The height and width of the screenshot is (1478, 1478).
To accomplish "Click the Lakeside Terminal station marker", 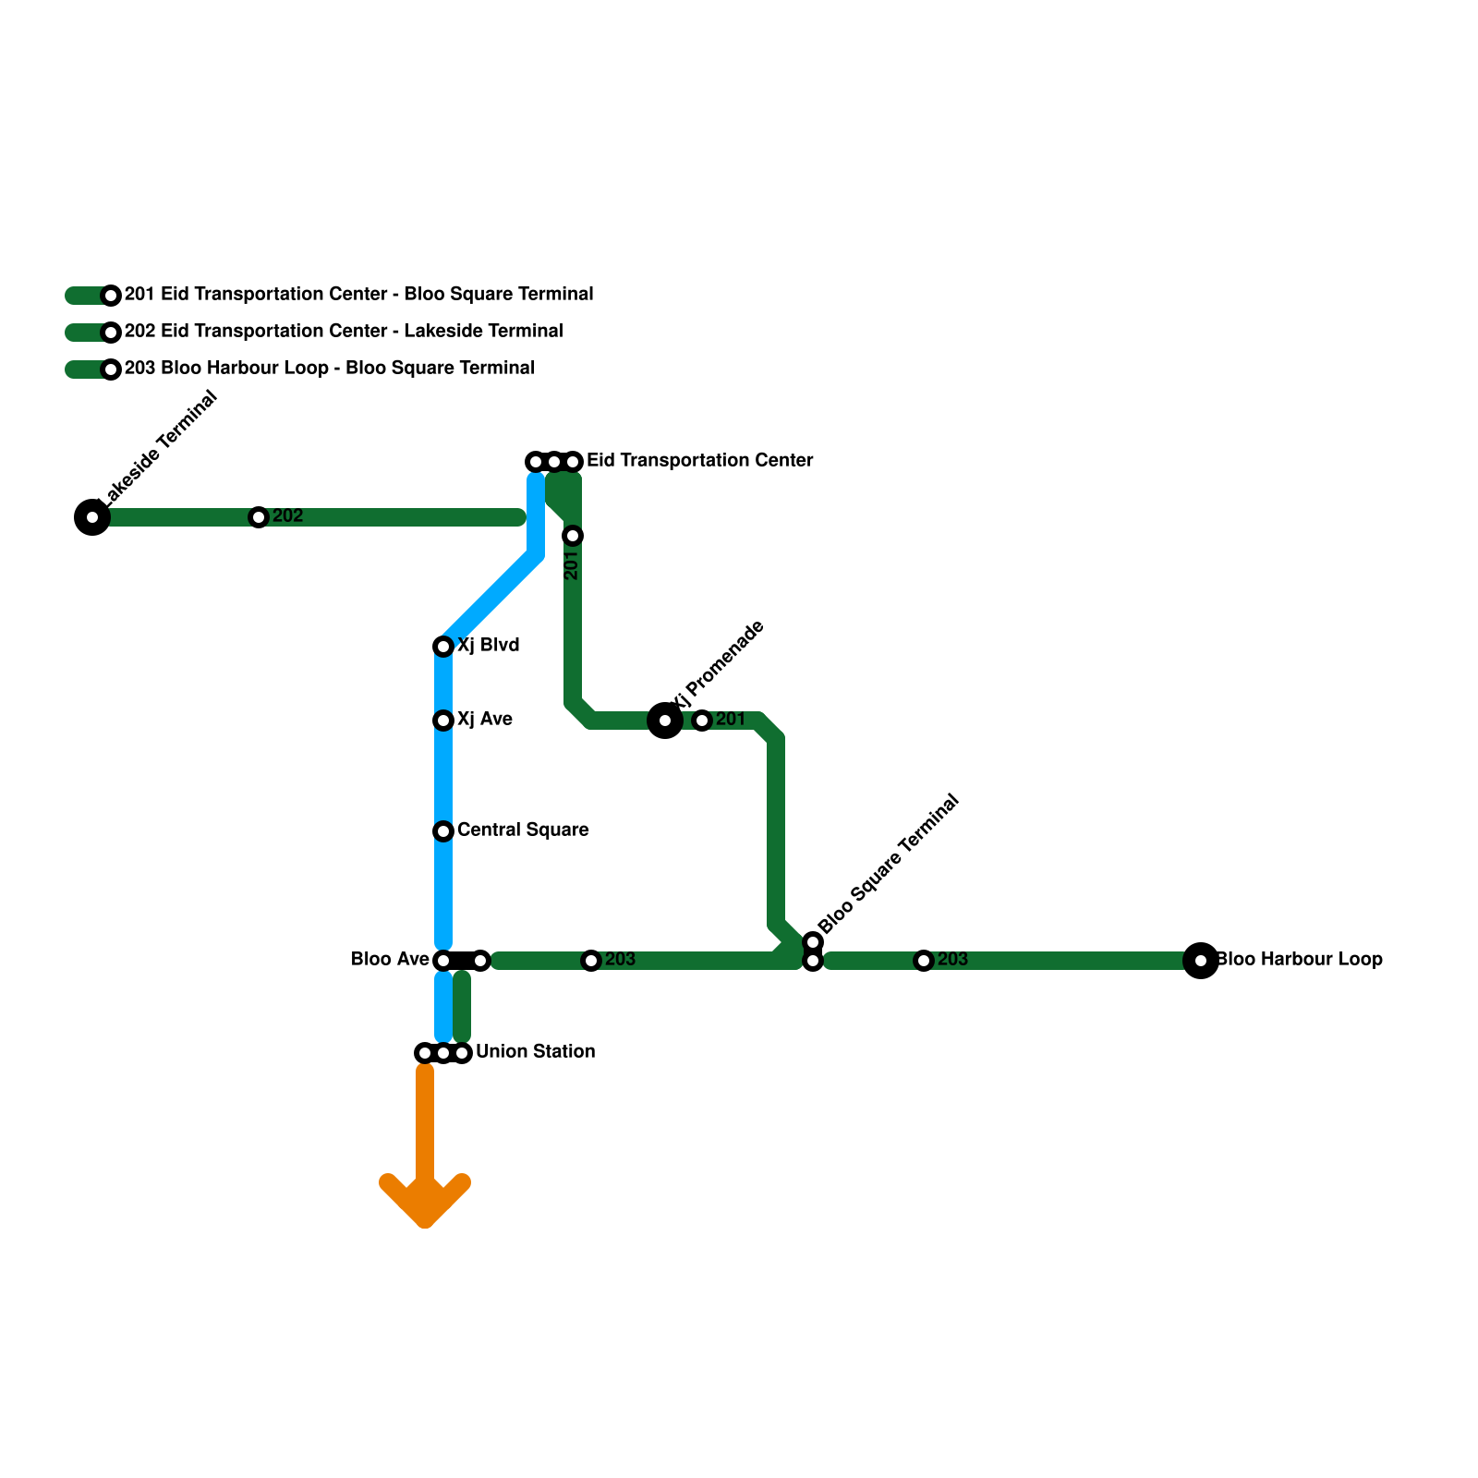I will (91, 517).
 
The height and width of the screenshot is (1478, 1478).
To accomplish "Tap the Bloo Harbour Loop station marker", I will (1200, 961).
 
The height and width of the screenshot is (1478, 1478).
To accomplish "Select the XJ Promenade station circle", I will (665, 721).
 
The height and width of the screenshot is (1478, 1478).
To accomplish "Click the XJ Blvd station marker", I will (443, 647).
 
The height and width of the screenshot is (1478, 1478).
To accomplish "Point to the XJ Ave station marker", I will (443, 721).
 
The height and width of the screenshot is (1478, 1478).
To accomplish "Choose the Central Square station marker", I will (443, 831).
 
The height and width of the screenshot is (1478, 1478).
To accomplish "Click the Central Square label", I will (523, 830).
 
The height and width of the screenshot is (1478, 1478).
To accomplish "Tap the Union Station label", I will (535, 1052).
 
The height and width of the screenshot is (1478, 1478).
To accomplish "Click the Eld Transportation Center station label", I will (699, 461).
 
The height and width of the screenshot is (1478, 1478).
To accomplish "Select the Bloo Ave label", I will (390, 960).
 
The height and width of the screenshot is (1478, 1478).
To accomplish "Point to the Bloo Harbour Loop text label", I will (1299, 960).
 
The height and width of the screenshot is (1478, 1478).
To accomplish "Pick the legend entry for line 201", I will (358, 295).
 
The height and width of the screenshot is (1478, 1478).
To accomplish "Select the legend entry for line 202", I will (344, 332).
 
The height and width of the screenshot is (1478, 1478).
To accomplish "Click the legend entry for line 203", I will (329, 369).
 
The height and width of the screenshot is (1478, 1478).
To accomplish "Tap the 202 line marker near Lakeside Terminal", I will (259, 517).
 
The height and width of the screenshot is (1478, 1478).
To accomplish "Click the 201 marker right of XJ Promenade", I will (702, 721).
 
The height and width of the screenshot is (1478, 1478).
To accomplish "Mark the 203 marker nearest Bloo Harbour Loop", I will (924, 961).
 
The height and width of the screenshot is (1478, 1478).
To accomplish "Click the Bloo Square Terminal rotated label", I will (889, 864).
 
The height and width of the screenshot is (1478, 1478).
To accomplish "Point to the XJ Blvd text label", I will (488, 646).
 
